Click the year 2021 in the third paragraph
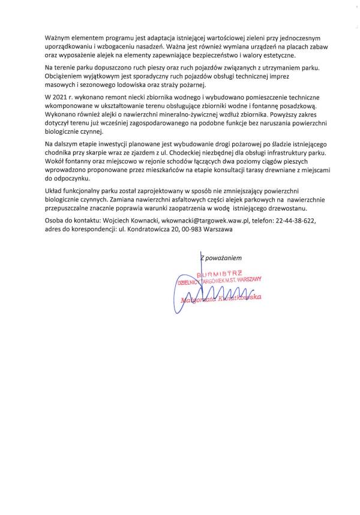pyautogui.click(x=62, y=97)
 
